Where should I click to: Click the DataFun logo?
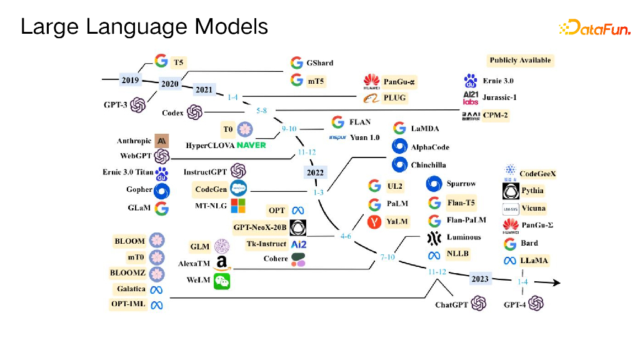click(x=594, y=27)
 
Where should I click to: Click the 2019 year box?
click(x=130, y=80)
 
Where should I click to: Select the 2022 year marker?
click(x=315, y=172)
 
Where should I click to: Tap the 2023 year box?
click(x=480, y=279)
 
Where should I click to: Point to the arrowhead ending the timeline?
click(x=556, y=282)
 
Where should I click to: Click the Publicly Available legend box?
click(x=521, y=61)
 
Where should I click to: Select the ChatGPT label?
click(x=451, y=304)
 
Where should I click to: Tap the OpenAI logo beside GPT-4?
click(x=536, y=303)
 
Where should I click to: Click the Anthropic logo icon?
click(x=162, y=141)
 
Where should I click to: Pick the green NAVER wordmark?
click(x=251, y=145)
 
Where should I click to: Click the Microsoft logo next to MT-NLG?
click(x=238, y=206)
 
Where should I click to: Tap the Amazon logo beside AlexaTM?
click(x=222, y=263)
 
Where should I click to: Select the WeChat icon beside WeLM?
click(x=222, y=281)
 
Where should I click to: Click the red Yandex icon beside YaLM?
click(x=374, y=222)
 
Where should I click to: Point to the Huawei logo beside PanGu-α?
click(x=371, y=82)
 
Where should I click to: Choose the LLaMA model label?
click(x=534, y=261)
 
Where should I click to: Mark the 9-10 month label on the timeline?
click(x=289, y=129)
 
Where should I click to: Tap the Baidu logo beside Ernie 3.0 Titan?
click(x=162, y=174)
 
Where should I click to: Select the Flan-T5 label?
click(x=461, y=203)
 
